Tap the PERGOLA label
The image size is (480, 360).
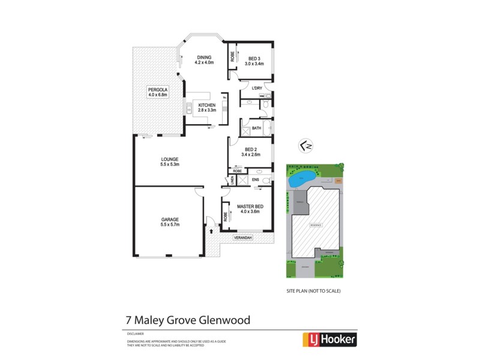158,90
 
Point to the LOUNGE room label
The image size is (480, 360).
170,159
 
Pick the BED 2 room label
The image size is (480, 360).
252,150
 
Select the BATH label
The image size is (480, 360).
256,128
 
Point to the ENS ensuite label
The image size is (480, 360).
254,179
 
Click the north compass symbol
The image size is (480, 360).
305,146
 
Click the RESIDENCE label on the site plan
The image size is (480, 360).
316,225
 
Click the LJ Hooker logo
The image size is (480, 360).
329,339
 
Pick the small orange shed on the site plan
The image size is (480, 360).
338,180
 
